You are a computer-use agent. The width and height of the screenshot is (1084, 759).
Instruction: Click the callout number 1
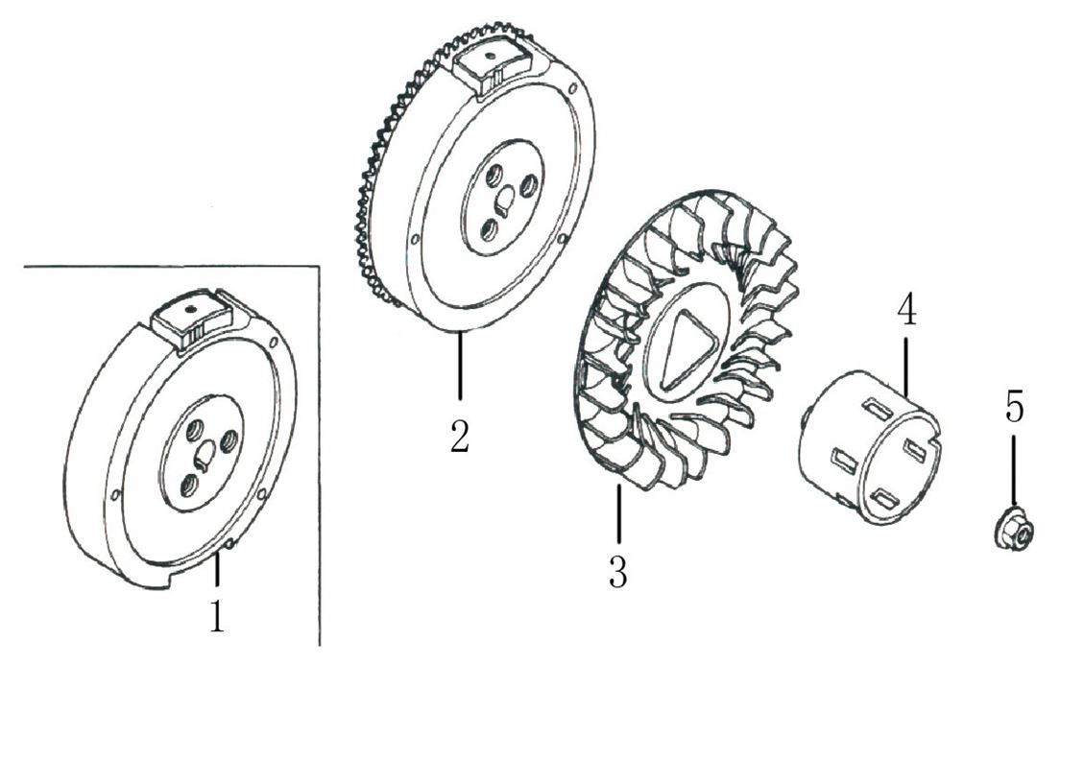click(217, 615)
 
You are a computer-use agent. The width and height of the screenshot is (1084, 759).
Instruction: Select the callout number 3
click(617, 571)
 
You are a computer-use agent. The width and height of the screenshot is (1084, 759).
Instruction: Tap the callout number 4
click(906, 310)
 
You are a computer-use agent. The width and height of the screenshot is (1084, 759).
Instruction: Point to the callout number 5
click(1015, 408)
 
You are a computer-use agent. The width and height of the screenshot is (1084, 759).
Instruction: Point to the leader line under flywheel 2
click(460, 365)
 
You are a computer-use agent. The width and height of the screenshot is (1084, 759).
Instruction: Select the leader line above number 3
click(618, 516)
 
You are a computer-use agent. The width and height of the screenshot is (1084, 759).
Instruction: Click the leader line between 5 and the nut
click(1014, 470)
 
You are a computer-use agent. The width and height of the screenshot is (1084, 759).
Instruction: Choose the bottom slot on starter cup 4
click(882, 497)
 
